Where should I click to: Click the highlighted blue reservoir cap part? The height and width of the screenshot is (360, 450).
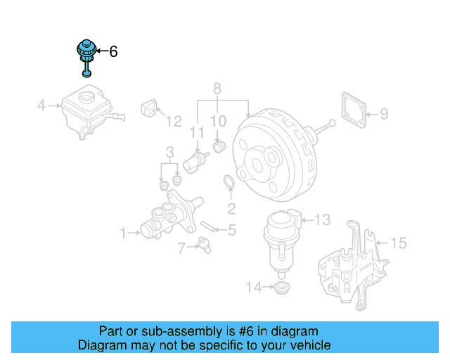tap(85, 52)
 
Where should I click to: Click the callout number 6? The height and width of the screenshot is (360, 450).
tap(113, 51)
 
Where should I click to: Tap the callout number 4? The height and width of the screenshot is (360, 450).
tap(41, 106)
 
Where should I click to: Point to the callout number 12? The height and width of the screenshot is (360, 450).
tap(173, 122)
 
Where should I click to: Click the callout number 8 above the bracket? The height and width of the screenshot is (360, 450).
tap(217, 89)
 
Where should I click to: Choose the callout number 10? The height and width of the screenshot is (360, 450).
tap(219, 122)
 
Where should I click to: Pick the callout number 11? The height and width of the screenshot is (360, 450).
tap(198, 131)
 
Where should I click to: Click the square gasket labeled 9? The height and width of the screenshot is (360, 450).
tap(354, 111)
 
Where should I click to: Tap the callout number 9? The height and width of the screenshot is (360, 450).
tap(384, 112)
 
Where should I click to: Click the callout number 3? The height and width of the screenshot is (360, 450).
tap(169, 152)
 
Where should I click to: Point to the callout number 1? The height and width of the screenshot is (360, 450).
tap(124, 233)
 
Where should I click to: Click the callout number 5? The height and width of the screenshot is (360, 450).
tap(232, 229)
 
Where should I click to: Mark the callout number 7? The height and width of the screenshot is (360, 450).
tap(181, 247)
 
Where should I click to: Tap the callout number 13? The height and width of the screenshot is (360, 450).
tap(321, 220)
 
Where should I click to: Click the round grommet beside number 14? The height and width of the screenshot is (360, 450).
tap(283, 288)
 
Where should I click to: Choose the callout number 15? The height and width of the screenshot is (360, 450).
tap(398, 243)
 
